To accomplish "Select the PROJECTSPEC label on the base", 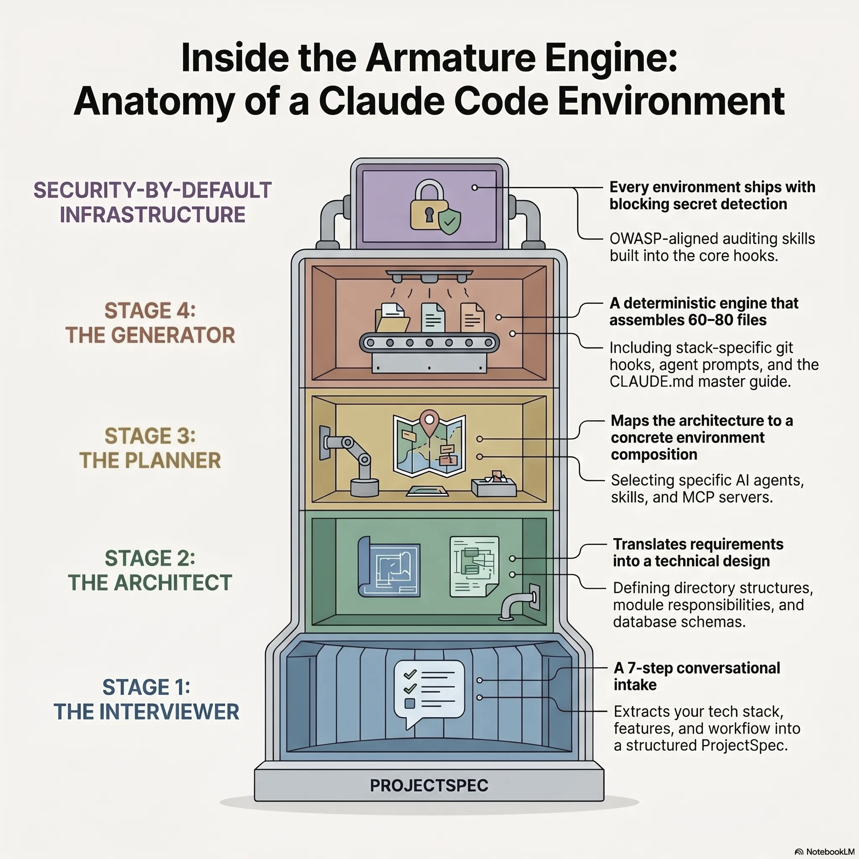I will click(429, 786).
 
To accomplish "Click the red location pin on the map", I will click(429, 422).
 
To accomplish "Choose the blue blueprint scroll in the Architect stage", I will click(390, 567).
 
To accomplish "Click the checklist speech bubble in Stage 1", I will click(429, 691).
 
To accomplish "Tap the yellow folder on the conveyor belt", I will click(391, 318).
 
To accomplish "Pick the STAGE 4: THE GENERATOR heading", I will click(150, 323).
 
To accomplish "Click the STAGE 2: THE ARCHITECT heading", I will click(150, 570).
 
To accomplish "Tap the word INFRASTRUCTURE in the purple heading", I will click(153, 215).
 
